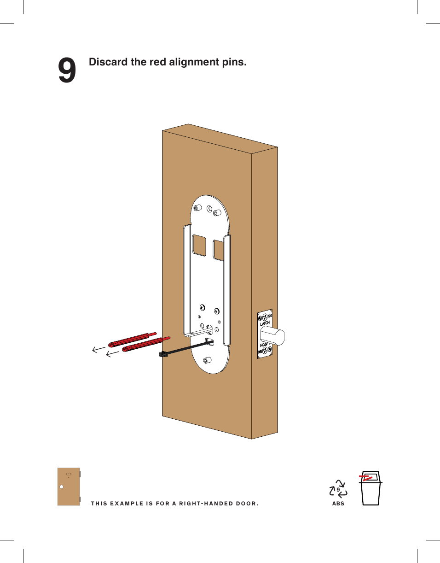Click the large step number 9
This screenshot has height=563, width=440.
67,71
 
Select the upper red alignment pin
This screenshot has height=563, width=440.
131,339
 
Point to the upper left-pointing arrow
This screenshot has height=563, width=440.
98,349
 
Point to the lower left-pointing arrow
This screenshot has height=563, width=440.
112,354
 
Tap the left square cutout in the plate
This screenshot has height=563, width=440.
199,245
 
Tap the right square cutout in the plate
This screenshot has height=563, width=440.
219,248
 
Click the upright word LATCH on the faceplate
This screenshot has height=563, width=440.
265,323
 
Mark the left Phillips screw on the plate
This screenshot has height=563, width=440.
202,307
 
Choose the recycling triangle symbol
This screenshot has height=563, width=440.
338,489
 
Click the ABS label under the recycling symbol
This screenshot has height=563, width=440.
338,504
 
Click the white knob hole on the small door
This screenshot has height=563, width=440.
61,487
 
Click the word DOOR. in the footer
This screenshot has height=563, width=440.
248,504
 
